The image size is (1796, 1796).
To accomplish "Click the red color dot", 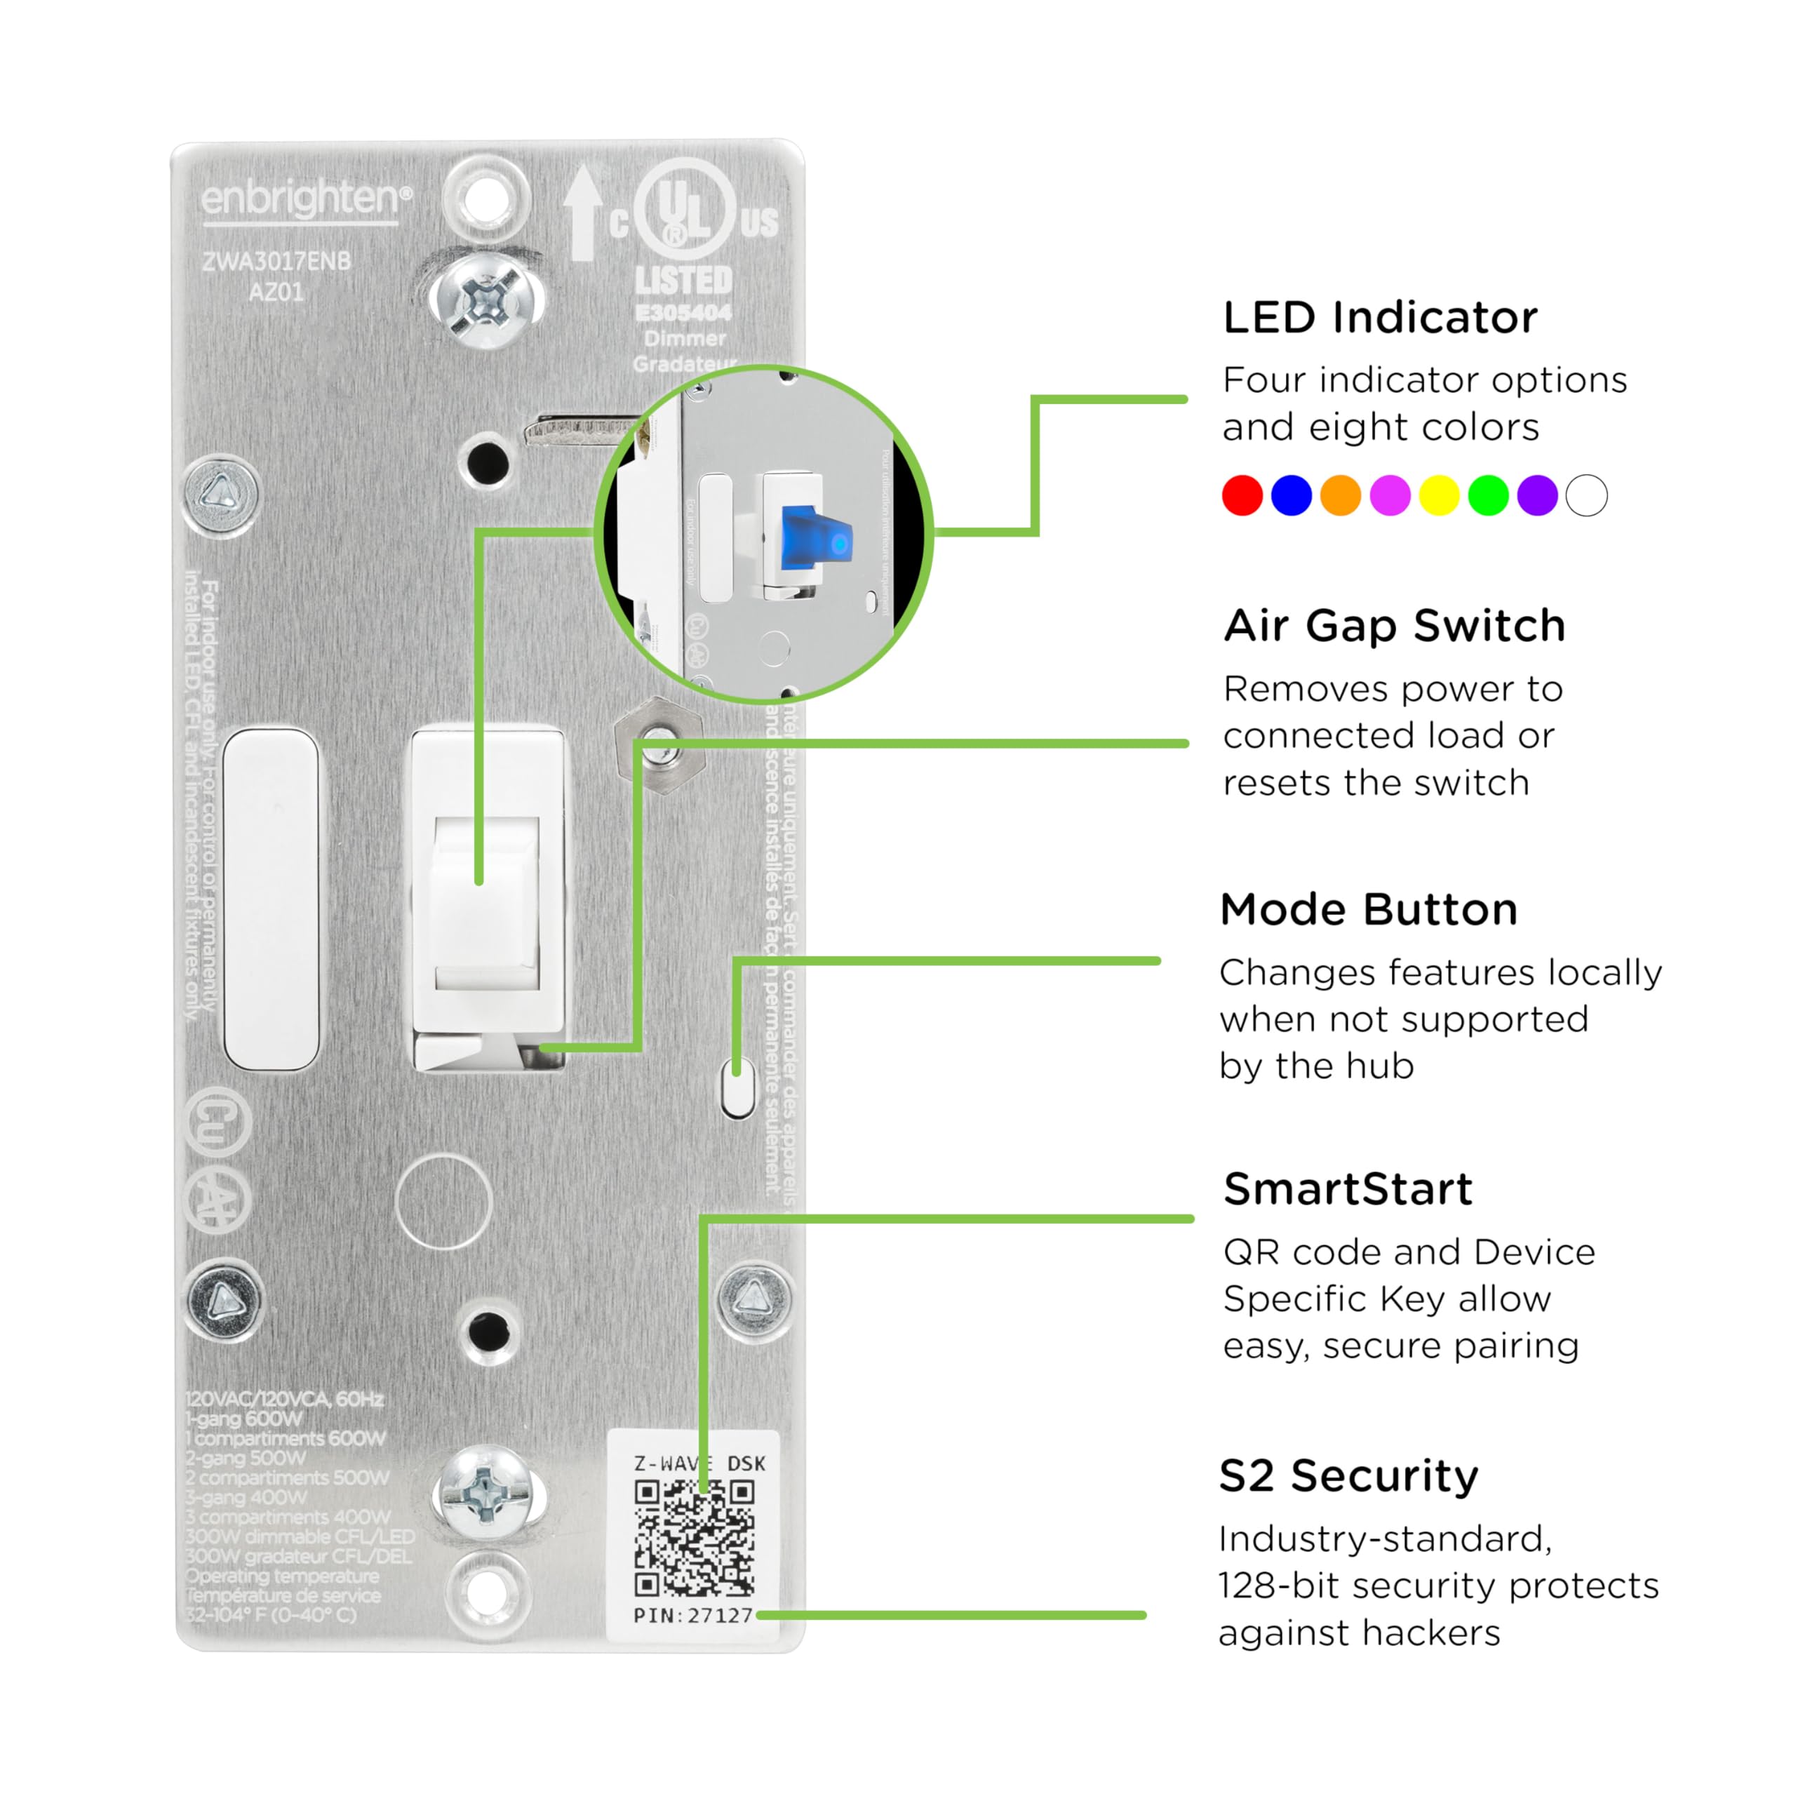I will point(1242,495).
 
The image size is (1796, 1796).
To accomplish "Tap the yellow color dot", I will point(1439,495).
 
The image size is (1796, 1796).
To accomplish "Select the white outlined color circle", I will point(1587,495).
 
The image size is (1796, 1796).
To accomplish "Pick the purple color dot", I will point(1538,495).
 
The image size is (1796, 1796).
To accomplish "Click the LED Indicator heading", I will point(1379,318).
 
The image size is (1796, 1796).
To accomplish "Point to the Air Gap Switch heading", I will point(1395,626).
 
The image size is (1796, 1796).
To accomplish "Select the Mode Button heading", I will point(1368,909).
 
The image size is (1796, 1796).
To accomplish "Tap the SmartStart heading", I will point(1348,1189).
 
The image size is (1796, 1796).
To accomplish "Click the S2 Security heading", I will point(1348,1476).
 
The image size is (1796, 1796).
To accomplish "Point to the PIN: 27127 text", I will point(692,1616).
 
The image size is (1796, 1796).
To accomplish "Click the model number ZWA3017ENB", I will point(277,261).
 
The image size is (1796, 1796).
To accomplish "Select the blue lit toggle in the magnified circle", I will point(815,537).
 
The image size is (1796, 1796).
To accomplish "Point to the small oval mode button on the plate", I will point(738,1090).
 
